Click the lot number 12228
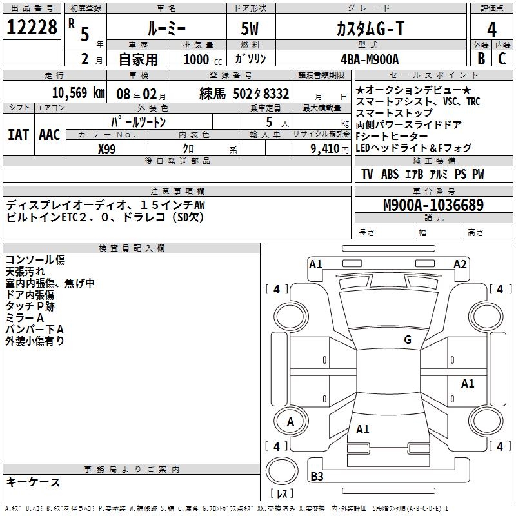click(33, 28)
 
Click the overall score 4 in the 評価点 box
click(492, 29)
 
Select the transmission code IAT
click(19, 135)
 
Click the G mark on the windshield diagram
click(407, 340)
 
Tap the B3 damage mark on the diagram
click(317, 477)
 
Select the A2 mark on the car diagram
click(460, 264)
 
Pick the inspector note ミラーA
click(25, 317)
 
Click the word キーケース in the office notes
click(34, 482)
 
